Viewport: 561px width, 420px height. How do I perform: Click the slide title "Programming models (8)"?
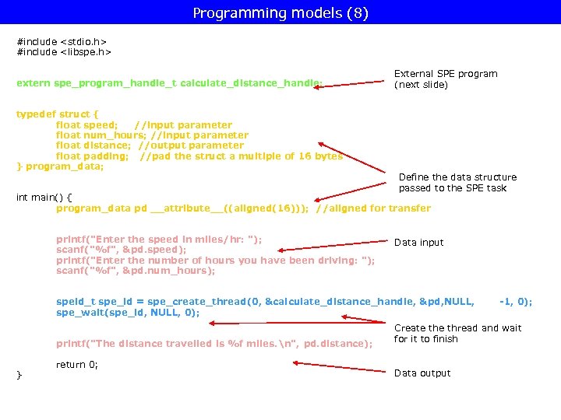tap(280, 13)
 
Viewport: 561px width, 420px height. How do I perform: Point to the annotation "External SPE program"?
tap(446, 74)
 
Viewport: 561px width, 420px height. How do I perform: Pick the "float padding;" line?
tap(199, 156)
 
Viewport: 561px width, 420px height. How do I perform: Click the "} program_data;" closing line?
tap(60, 166)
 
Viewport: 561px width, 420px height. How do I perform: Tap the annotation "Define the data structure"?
tap(457, 177)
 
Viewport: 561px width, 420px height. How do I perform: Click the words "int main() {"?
tap(44, 198)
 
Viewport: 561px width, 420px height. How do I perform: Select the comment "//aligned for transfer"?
tap(373, 208)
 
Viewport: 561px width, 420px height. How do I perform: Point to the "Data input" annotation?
tap(418, 243)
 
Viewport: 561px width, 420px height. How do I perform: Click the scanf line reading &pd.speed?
tap(121, 250)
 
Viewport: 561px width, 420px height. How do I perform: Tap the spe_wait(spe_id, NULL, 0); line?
tap(128, 313)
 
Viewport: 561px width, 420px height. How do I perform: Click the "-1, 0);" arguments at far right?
tap(515, 302)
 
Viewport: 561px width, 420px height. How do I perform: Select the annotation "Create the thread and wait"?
tap(457, 328)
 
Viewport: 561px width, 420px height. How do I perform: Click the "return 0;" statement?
tap(77, 365)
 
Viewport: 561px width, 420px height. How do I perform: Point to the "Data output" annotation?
tap(422, 373)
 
